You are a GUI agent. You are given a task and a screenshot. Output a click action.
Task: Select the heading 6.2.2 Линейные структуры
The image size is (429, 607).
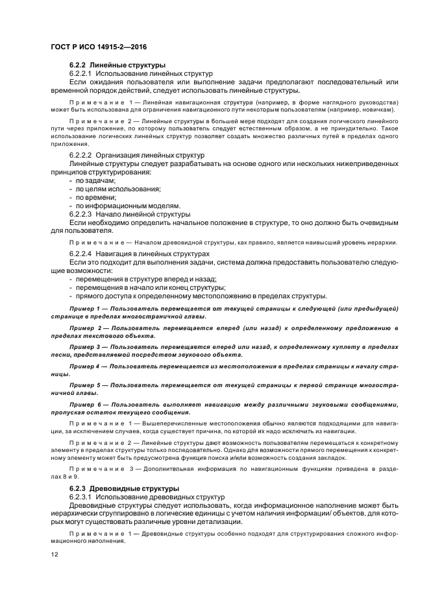117,66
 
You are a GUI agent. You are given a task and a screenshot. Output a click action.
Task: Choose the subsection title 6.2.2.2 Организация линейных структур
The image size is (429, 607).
136,156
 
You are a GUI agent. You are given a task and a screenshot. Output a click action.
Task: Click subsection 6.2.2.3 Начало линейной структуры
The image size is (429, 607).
129,214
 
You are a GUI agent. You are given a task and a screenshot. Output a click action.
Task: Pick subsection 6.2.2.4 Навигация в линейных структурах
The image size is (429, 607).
139,254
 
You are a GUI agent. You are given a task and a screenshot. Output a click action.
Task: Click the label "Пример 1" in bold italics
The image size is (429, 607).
86,307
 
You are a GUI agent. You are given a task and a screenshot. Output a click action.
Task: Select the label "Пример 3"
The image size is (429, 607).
86,348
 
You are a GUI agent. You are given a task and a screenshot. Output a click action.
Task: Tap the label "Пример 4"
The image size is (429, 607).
86,367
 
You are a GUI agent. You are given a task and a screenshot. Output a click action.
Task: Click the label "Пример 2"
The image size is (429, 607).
86,329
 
